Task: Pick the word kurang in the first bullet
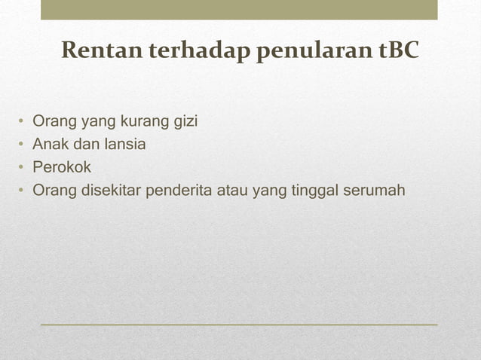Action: point(142,122)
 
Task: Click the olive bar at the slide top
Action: point(239,10)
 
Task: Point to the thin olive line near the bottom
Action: point(239,324)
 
